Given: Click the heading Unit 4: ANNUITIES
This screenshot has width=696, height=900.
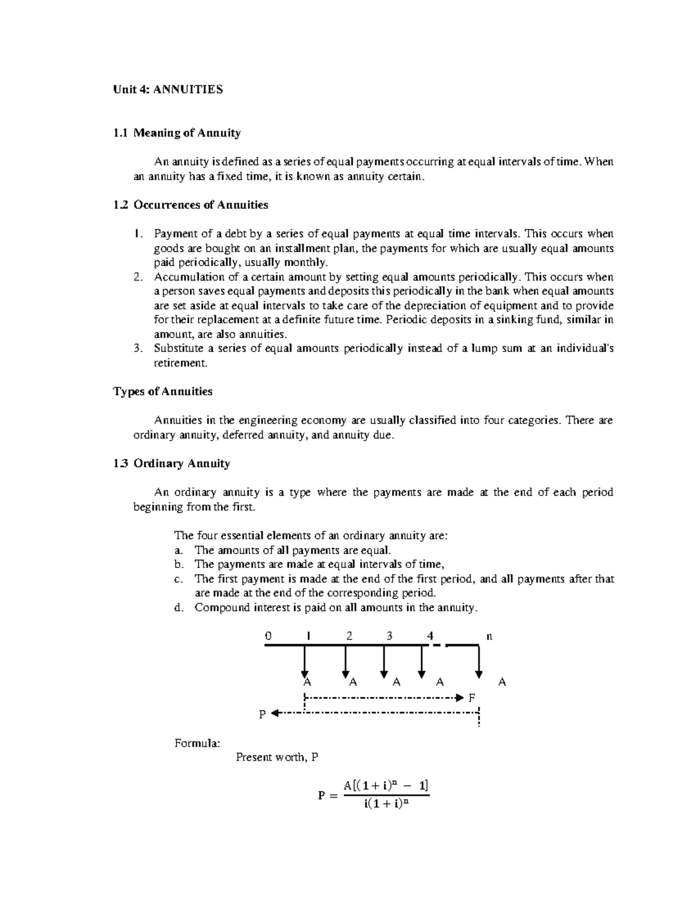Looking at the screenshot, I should point(168,89).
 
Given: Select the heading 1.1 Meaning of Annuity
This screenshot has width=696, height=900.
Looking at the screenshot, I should point(177,133).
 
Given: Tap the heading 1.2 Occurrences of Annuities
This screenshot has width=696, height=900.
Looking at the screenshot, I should point(191,205).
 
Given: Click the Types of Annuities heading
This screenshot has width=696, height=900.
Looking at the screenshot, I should point(162,391).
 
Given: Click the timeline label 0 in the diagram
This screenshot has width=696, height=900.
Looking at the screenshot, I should point(267,636).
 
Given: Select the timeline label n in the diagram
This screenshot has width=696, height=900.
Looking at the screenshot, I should point(489,636).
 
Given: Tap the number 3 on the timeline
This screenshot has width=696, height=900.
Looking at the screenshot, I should point(389,636).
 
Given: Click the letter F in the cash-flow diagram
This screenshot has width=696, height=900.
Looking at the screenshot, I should point(472,698).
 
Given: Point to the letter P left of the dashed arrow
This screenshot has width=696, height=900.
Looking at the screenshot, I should point(262,715).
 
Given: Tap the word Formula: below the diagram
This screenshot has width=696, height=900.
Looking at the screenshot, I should point(197,743).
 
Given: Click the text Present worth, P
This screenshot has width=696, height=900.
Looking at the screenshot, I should point(277,757).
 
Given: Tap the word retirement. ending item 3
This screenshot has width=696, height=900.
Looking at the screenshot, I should point(180,363).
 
